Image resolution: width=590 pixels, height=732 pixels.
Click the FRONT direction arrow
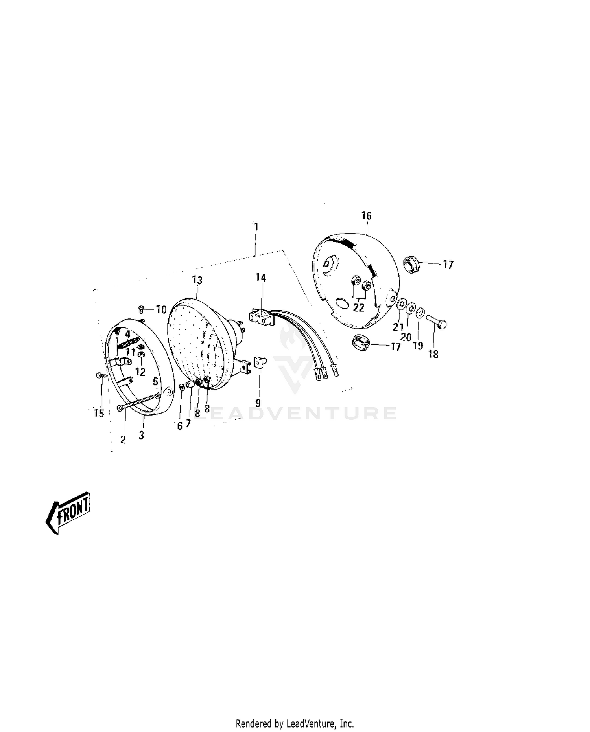(x=68, y=512)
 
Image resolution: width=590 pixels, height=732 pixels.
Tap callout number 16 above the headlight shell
(x=366, y=216)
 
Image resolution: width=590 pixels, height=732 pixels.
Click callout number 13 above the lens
(x=197, y=280)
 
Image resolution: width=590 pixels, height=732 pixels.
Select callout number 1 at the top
(x=256, y=227)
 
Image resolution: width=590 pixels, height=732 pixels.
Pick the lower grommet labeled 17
(x=360, y=342)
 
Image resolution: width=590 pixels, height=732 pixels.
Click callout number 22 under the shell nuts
(x=358, y=307)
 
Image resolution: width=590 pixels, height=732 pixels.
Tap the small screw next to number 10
(x=142, y=309)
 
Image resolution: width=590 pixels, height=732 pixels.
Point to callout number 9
(x=258, y=403)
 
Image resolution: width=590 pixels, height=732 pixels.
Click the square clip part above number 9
(x=260, y=362)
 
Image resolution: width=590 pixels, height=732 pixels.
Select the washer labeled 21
(x=401, y=304)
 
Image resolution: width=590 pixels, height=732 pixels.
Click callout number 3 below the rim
(x=141, y=435)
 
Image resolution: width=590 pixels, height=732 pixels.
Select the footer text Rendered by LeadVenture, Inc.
(x=295, y=723)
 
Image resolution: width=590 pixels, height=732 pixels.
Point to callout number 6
(x=180, y=426)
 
